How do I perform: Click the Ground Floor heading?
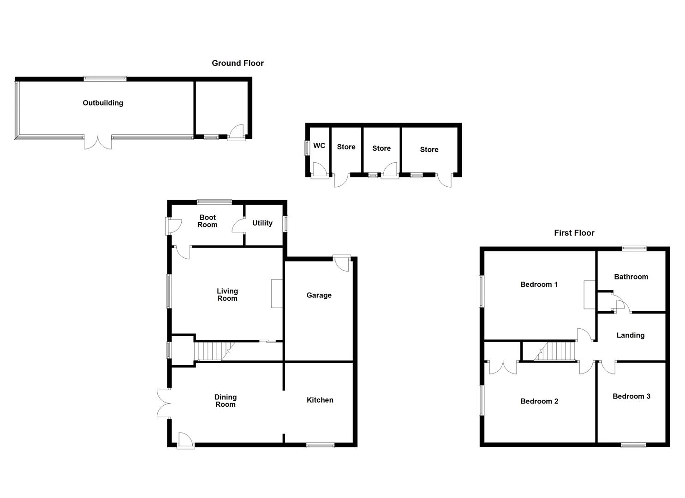238,63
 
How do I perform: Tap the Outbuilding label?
103,103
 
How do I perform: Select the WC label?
319,146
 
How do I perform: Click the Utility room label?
262,223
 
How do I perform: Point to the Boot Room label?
207,221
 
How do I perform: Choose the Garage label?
319,295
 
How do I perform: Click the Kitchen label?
320,400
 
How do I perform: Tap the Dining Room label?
226,401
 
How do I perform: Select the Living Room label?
227,295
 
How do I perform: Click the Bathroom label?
631,277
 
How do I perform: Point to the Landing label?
630,335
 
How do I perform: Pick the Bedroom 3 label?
631,397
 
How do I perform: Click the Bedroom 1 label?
539,285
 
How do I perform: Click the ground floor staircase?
214,351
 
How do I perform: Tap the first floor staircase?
555,351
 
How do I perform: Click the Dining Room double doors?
164,403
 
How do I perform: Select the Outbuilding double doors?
97,142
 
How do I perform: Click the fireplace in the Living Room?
277,293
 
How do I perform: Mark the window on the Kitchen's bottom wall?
320,445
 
